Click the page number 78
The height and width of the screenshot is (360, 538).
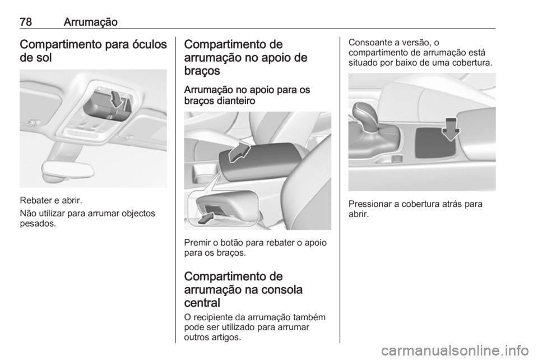[26, 22]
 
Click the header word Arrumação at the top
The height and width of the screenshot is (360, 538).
[91, 22]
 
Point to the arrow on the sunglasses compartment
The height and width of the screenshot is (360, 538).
[117, 99]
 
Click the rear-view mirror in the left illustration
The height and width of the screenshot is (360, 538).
[68, 170]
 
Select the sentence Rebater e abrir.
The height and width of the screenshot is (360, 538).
[51, 200]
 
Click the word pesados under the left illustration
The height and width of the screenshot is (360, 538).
[38, 224]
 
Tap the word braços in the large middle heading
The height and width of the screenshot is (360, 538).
[202, 71]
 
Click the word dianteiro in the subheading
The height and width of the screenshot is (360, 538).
[236, 101]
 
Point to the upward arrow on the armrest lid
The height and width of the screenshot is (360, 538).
[239, 153]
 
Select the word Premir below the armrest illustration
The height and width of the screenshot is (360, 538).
[197, 243]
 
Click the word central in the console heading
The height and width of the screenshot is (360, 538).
[202, 303]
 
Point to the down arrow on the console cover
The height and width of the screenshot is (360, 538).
[451, 129]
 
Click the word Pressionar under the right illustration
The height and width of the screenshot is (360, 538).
[370, 204]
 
